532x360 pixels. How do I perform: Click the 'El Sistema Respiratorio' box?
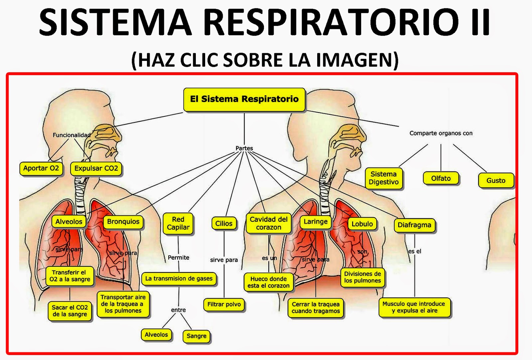(244, 99)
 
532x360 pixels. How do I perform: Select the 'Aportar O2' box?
(41, 168)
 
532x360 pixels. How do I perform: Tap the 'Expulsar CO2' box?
(96, 168)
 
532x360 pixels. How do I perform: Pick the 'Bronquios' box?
(123, 222)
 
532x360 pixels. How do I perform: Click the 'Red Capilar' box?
(178, 223)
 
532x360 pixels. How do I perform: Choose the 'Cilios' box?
(224, 224)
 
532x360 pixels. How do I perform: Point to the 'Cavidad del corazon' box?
(269, 223)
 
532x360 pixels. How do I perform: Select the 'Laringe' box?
(316, 222)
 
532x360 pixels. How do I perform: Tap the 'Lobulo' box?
(362, 224)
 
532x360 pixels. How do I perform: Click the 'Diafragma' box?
(414, 225)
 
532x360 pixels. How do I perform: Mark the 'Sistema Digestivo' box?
(384, 178)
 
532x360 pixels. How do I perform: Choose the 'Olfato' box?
(441, 178)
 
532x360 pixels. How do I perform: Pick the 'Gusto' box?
(496, 181)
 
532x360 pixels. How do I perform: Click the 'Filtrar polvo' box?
(224, 304)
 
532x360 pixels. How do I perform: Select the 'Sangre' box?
(197, 336)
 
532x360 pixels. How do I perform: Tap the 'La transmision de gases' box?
(179, 279)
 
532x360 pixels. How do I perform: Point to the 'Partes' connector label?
(244, 148)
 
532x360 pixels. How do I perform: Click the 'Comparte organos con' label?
(441, 133)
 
